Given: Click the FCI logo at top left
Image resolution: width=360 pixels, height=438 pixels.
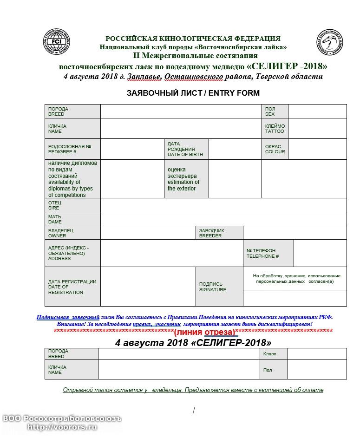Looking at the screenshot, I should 56,42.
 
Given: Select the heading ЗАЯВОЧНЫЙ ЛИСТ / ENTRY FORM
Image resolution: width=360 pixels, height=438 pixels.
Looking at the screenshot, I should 193,93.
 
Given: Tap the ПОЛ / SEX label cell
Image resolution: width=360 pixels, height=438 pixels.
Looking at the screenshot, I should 275,111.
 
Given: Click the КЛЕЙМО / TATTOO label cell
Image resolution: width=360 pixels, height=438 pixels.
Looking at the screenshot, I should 275,129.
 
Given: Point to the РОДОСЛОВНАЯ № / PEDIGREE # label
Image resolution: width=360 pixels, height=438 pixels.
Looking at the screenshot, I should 72,149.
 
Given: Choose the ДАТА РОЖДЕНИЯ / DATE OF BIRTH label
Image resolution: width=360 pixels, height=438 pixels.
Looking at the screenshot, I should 186,149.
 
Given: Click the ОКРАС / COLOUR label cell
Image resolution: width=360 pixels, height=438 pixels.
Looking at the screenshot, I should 275,149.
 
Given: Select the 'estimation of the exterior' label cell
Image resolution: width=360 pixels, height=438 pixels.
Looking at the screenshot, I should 186,179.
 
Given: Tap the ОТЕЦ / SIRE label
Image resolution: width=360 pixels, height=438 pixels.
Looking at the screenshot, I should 72,205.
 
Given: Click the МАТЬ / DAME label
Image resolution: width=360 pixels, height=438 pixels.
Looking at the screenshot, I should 72,219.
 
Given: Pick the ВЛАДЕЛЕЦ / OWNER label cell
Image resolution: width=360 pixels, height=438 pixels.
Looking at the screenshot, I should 72,233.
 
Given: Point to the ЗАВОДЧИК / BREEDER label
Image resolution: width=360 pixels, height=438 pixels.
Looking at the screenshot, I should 219,233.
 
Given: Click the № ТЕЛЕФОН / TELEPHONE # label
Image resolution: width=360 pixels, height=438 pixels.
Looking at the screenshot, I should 268,253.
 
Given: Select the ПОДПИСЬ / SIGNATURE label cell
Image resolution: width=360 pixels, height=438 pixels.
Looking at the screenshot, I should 219,287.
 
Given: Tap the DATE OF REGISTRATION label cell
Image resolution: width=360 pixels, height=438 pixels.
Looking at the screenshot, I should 72,287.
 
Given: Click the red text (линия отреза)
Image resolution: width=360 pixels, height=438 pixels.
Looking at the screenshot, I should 205,332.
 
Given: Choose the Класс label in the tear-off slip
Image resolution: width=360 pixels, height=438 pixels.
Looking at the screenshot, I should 273,354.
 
